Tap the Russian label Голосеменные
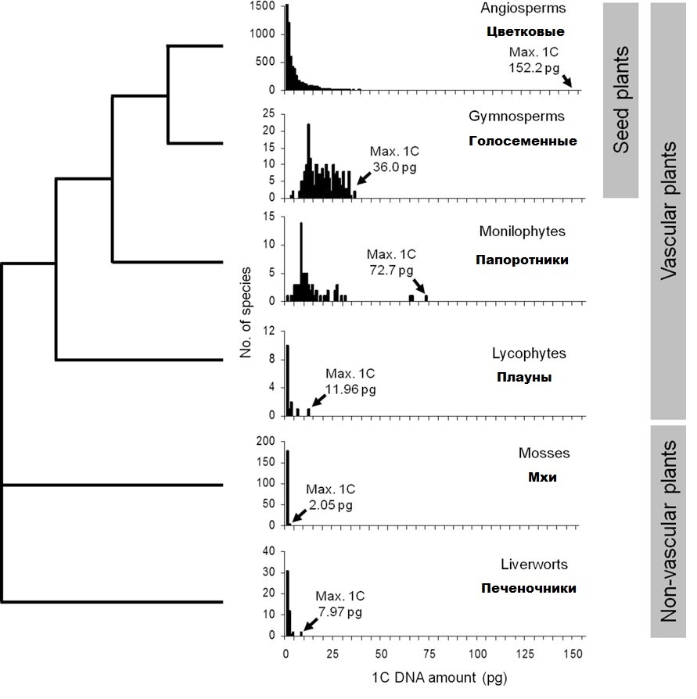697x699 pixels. pos(523,142)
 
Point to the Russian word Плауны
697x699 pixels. pos(524,377)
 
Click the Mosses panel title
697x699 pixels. pos(544,453)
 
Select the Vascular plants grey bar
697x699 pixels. pos(668,211)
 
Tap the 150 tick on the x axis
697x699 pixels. pos(573,653)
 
